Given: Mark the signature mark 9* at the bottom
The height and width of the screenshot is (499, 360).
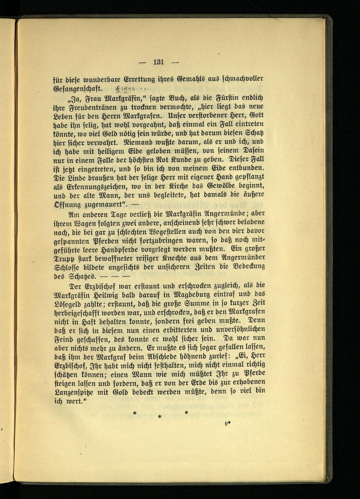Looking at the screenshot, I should coord(228,424).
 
